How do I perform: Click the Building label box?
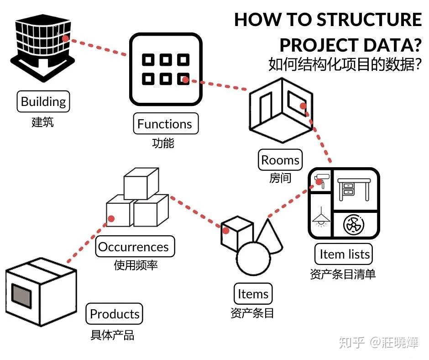[43, 101]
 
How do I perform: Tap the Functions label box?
[166, 123]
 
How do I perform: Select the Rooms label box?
[280, 160]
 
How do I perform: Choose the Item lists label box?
[344, 254]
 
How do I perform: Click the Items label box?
[253, 294]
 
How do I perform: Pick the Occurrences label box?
[135, 246]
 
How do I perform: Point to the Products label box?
[115, 314]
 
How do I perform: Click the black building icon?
[43, 48]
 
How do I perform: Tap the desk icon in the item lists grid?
[354, 189]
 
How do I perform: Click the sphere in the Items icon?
[253, 259]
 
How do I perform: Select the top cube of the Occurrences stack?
[141, 183]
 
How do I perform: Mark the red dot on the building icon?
[65, 38]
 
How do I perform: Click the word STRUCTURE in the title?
[369, 20]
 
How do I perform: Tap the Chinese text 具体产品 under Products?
[112, 335]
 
